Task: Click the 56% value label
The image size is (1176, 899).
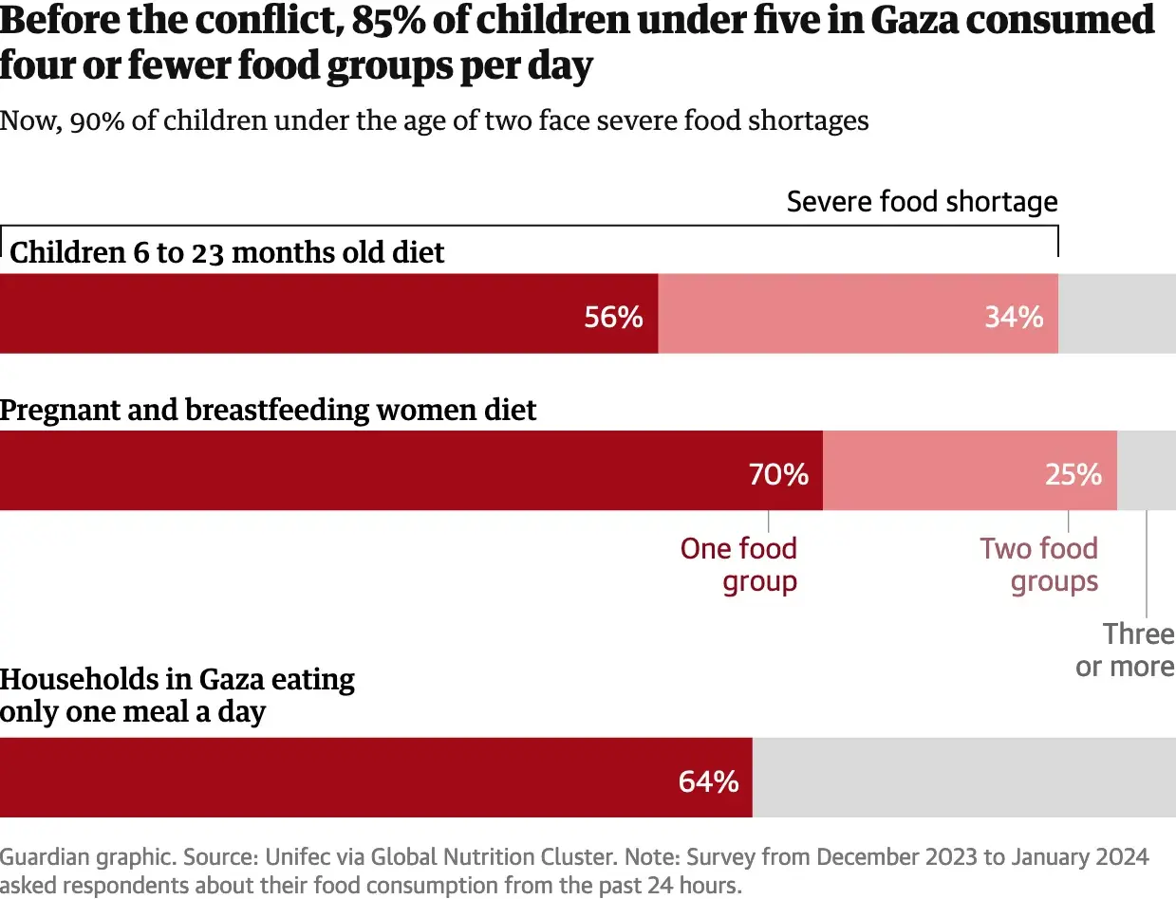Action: click(x=613, y=317)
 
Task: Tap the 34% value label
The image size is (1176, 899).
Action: click(x=1014, y=317)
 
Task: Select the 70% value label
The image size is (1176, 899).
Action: click(x=778, y=473)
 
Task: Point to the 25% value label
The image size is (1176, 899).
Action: click(x=1073, y=473)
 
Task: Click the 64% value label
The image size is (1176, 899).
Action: click(x=708, y=781)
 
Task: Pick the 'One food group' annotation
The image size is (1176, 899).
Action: click(x=739, y=564)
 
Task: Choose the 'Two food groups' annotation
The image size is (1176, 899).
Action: click(x=1039, y=564)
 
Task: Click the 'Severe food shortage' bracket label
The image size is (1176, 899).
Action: click(x=922, y=201)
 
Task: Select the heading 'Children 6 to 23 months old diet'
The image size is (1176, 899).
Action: click(x=227, y=252)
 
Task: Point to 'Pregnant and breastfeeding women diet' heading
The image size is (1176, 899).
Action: click(x=268, y=410)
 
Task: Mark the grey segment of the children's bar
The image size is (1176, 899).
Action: click(x=1117, y=314)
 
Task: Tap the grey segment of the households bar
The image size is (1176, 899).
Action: click(x=963, y=778)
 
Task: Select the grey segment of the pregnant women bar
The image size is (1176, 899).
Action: click(x=1146, y=470)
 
